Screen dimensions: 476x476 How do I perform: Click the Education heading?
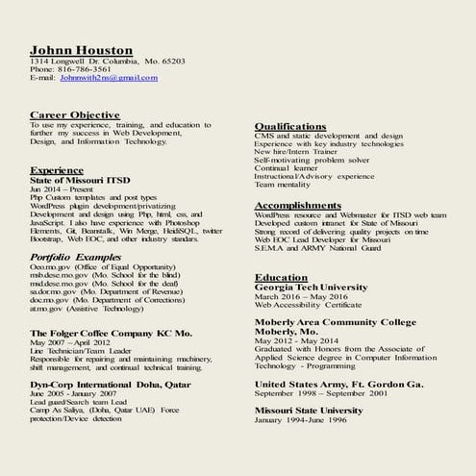(281, 277)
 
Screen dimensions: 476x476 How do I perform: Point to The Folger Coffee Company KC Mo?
(111, 333)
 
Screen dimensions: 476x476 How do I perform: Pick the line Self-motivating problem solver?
(312, 159)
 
